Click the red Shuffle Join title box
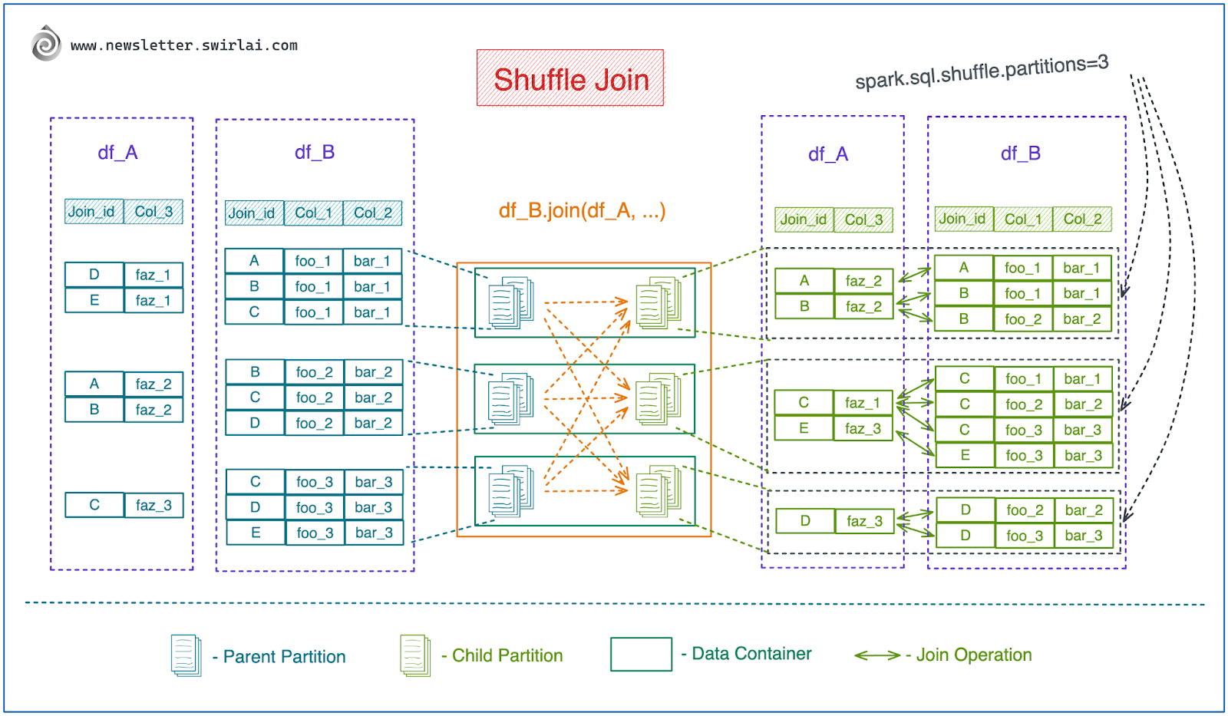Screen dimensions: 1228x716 [570, 78]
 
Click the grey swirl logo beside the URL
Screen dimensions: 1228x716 [46, 43]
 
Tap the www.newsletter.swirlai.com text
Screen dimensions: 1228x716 [184, 45]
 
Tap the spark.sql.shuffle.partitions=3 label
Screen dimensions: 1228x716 [982, 72]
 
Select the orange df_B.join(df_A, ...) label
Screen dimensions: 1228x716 [583, 210]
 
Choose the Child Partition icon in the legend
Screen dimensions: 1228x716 [415, 655]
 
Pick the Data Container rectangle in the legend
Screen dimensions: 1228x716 [642, 654]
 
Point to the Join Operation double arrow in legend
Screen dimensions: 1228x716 [877, 655]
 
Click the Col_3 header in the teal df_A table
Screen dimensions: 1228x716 [153, 212]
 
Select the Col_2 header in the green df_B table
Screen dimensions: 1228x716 [1082, 219]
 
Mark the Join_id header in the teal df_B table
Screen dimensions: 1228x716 [254, 213]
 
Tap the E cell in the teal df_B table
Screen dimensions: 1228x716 [256, 533]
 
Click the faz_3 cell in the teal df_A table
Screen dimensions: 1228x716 [153, 505]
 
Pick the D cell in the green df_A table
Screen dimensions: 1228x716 [805, 520]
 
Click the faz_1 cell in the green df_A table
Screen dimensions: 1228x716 [863, 403]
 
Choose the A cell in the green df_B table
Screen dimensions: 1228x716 [964, 268]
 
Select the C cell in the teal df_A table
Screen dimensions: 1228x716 [94, 505]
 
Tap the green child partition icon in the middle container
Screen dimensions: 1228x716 [659, 398]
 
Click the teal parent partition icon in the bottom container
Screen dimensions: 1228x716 [511, 491]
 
